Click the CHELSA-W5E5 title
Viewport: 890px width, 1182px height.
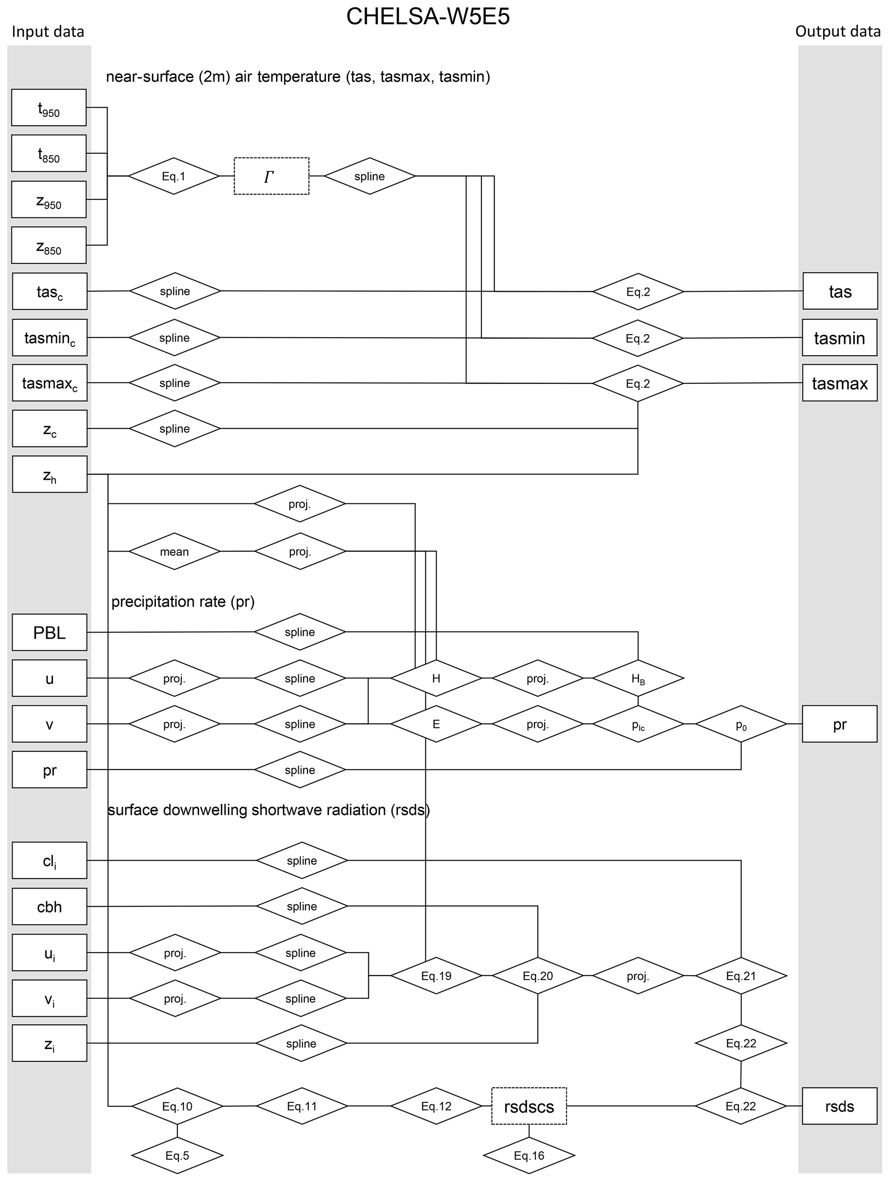click(x=428, y=16)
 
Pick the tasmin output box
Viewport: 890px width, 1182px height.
click(x=839, y=338)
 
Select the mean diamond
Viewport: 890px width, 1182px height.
click(x=174, y=552)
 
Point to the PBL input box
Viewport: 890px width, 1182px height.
click(x=49, y=633)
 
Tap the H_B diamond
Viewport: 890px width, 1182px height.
click(x=638, y=679)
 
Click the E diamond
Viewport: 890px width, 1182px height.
click(x=436, y=724)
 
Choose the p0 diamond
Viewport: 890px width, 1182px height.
click(x=741, y=724)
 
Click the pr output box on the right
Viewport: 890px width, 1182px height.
click(x=839, y=724)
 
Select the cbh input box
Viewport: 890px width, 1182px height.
click(x=49, y=907)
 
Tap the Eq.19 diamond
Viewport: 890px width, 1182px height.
click(x=436, y=976)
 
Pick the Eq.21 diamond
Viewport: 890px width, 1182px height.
click(x=741, y=976)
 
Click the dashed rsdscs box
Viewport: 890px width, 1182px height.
click(x=529, y=1106)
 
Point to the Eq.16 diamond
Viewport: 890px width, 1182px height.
click(x=529, y=1155)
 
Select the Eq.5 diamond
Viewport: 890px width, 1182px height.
click(x=177, y=1155)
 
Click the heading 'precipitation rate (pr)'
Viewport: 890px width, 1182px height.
click(x=183, y=602)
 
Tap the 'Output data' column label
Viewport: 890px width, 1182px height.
click(x=837, y=31)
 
